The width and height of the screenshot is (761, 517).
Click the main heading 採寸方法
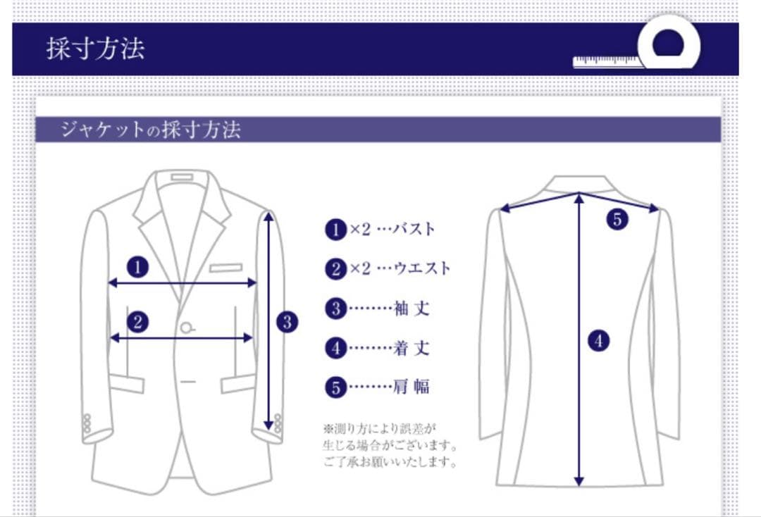click(x=95, y=49)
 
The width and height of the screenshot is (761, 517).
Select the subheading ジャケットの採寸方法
click(x=150, y=130)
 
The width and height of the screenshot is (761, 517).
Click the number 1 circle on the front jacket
click(x=138, y=267)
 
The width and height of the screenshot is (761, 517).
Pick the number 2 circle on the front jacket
click(x=138, y=322)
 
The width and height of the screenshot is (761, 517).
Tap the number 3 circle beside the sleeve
click(x=287, y=323)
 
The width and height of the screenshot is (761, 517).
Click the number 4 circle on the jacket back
click(x=598, y=342)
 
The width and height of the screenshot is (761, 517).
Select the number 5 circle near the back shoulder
click(x=617, y=219)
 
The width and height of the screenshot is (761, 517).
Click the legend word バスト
click(x=414, y=229)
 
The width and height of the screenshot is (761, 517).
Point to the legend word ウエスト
click(x=422, y=268)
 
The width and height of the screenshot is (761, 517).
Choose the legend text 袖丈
click(x=412, y=308)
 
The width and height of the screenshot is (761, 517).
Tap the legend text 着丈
click(x=412, y=347)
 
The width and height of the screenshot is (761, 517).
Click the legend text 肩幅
click(x=412, y=386)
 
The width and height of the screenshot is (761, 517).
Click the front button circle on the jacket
click(x=187, y=327)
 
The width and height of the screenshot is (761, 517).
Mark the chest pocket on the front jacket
click(x=225, y=268)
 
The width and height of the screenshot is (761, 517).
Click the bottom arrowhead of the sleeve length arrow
click(x=268, y=425)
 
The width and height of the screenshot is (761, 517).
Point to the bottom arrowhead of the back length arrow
click(x=579, y=482)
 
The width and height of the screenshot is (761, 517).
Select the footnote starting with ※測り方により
click(x=390, y=445)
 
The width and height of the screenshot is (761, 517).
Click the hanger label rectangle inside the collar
click(x=181, y=175)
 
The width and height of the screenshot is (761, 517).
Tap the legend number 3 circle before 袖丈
click(x=336, y=309)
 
